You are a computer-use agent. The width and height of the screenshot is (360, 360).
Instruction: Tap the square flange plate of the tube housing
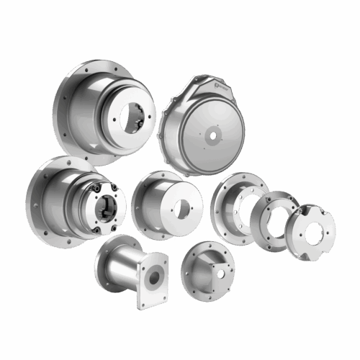(153, 283)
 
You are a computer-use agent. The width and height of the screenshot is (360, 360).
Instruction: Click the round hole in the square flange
(153, 277)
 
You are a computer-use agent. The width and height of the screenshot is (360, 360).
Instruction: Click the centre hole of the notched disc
(312, 233)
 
